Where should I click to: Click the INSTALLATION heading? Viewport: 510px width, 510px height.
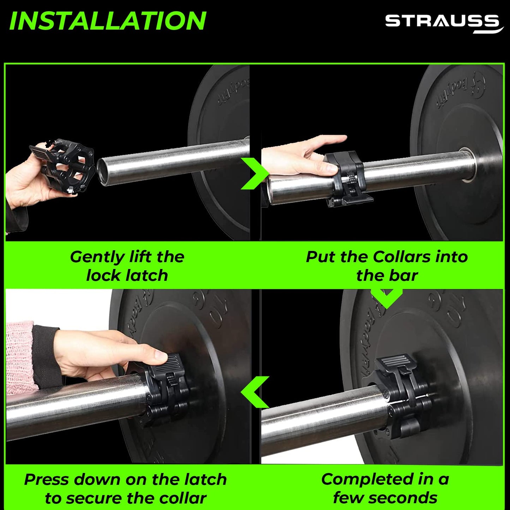pos(108,21)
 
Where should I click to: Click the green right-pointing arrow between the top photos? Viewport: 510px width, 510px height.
pos(254,174)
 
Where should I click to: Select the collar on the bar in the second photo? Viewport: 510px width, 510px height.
pos(346,179)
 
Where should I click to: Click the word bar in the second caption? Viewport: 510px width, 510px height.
pos(405,276)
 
